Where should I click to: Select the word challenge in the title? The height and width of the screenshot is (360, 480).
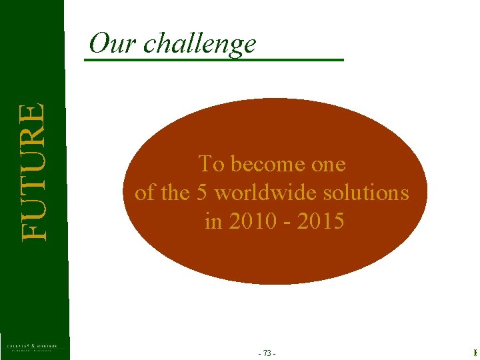point(199,44)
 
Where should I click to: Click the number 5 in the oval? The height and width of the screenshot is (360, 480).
point(203,193)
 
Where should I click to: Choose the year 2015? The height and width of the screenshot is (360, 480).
point(321,221)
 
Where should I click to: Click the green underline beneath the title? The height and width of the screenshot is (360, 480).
point(213,61)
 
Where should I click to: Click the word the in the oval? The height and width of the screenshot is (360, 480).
point(175,193)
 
